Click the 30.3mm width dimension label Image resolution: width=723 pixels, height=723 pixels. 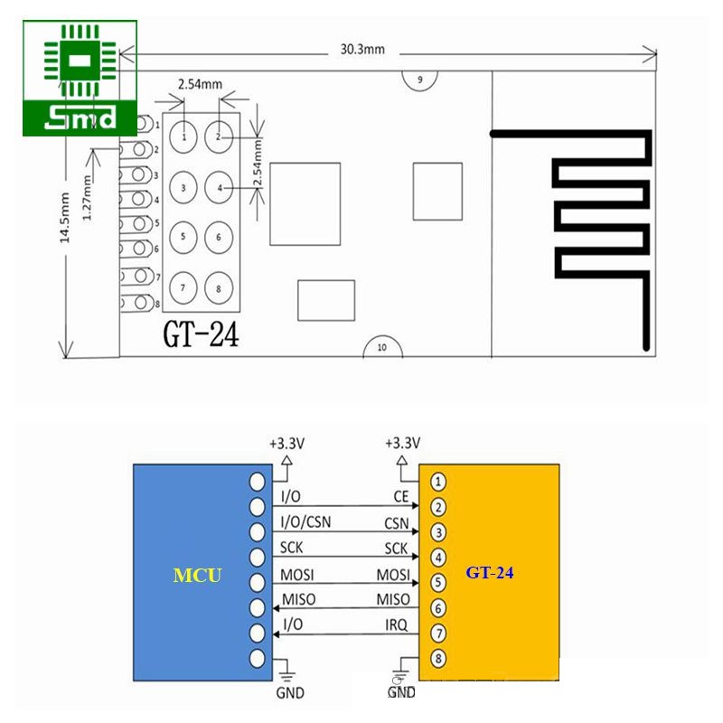(362, 50)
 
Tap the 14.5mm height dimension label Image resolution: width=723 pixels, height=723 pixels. (64, 218)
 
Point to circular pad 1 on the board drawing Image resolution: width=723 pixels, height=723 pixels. (183, 137)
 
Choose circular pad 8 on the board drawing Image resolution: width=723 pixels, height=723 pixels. (219, 288)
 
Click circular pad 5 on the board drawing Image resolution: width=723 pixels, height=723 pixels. (183, 237)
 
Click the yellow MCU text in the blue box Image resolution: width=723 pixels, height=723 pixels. (197, 576)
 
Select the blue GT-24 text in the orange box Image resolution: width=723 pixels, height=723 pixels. (489, 573)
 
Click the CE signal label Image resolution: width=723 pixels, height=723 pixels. (401, 496)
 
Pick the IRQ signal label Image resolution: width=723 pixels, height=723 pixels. (397, 625)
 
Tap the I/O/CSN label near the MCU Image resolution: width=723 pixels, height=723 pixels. (305, 522)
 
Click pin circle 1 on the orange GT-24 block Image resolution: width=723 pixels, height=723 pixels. (438, 482)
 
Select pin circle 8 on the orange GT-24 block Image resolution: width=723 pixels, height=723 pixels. (438, 658)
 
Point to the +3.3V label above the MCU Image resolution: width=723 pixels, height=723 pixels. (286, 444)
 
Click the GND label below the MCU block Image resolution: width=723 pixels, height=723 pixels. (290, 692)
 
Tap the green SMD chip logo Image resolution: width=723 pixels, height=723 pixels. (80, 78)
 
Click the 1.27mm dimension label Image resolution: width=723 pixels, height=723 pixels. (87, 198)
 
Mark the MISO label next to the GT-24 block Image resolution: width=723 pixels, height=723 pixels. (393, 599)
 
